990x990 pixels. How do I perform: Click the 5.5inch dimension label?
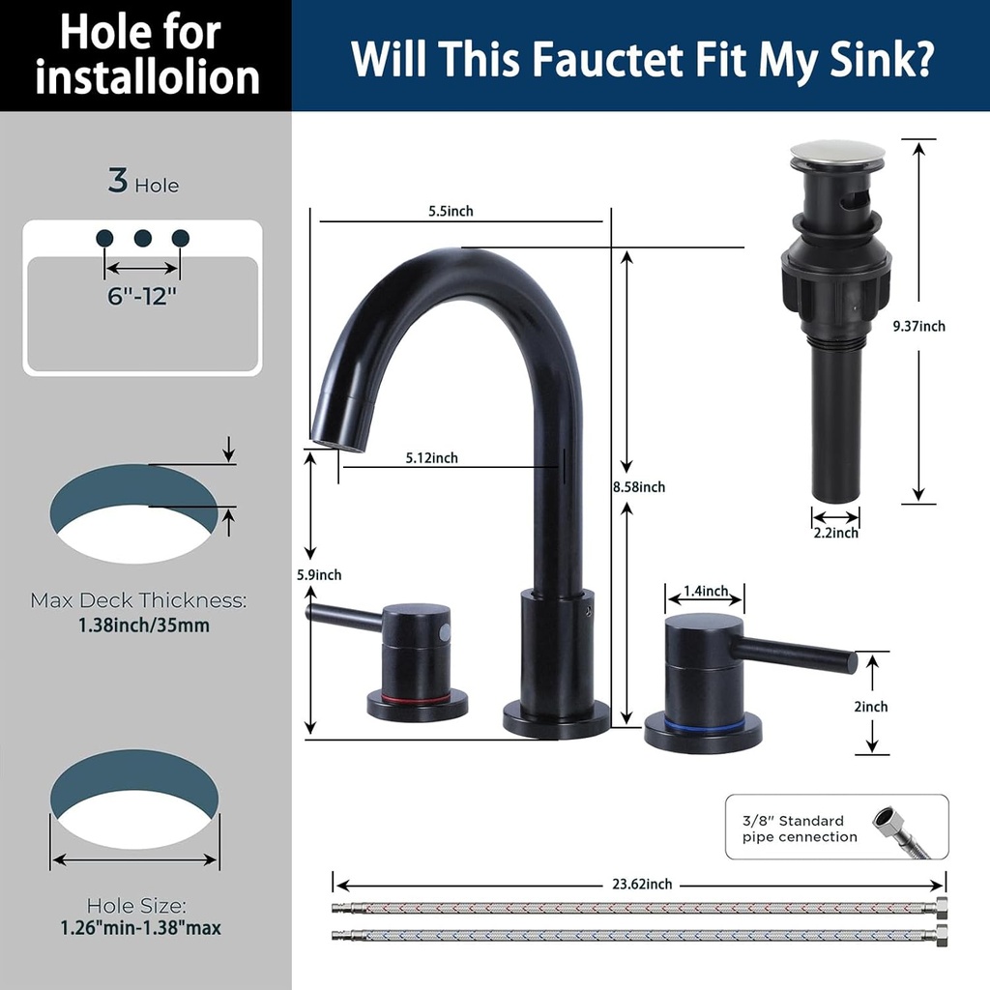click(x=452, y=212)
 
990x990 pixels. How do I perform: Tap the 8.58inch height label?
click(x=638, y=487)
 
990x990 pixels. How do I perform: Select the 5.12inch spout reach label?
click(x=431, y=458)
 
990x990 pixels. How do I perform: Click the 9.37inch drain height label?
click(x=918, y=327)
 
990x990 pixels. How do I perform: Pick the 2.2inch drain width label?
click(x=835, y=533)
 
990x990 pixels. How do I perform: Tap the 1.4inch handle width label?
click(x=705, y=591)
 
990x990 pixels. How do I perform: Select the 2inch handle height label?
click(x=870, y=707)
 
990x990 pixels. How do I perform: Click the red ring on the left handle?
click(x=417, y=697)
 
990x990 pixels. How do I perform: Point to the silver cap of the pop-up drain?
click(x=837, y=153)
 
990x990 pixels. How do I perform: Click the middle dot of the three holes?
click(x=143, y=238)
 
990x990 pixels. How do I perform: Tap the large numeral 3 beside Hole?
click(x=118, y=181)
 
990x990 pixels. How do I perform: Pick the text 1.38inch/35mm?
click(x=144, y=625)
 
